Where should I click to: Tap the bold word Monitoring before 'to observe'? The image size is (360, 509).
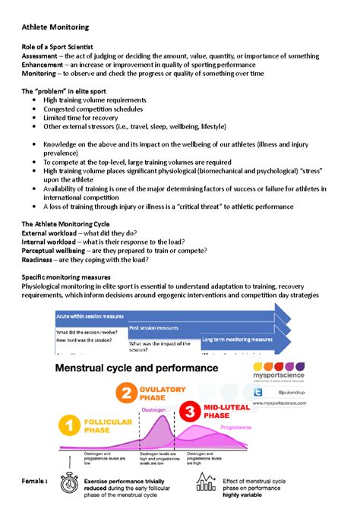pyautogui.click(x=42, y=74)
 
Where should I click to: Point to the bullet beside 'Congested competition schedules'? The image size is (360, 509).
pyautogui.click(x=33, y=109)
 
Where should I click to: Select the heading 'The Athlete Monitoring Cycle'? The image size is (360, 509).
pyautogui.click(x=65, y=225)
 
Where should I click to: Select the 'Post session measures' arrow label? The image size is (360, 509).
pyautogui.click(x=154, y=328)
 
